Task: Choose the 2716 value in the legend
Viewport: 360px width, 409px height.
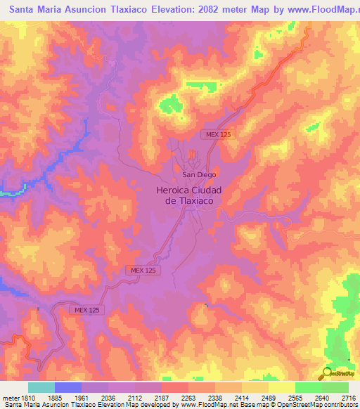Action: (x=348, y=398)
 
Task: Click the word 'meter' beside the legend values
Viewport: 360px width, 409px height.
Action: (x=9, y=398)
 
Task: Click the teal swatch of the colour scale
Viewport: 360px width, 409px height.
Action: (x=41, y=387)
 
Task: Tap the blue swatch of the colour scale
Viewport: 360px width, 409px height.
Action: (x=67, y=387)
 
